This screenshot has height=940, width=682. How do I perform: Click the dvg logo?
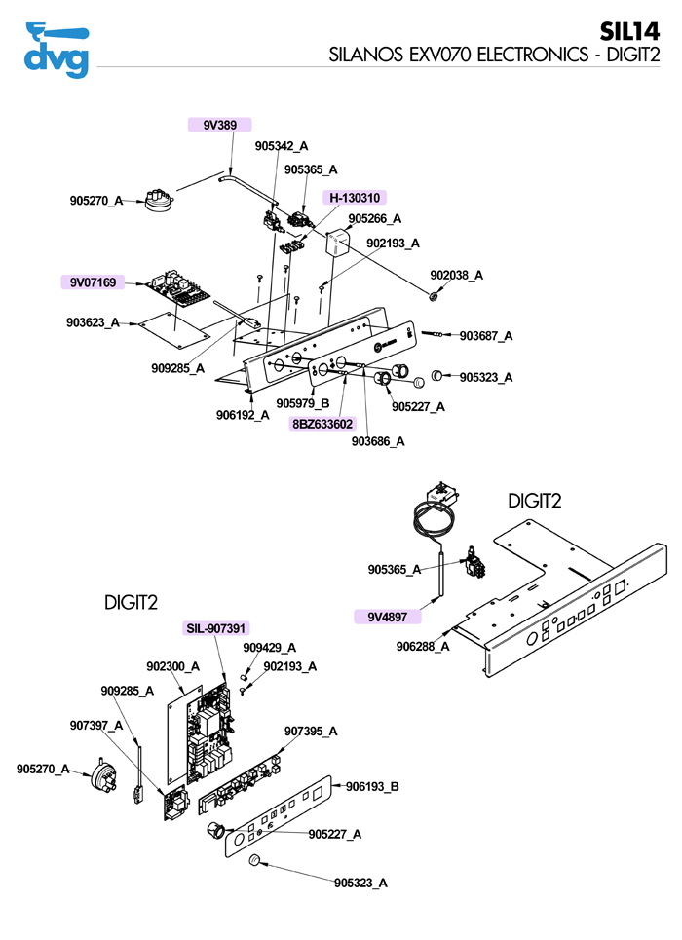[x=57, y=51]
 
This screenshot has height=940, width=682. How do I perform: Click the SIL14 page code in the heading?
[x=629, y=31]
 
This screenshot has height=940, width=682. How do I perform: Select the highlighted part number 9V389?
[x=219, y=125]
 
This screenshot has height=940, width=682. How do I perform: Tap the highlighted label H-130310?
[x=355, y=197]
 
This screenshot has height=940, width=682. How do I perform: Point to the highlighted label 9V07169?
[x=93, y=282]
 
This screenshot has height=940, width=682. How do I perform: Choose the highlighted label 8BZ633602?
[x=322, y=424]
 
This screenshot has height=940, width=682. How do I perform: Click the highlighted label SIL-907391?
[x=216, y=628]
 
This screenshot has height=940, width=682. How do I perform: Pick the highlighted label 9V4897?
[x=388, y=617]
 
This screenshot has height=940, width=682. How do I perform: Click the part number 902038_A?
[x=457, y=275]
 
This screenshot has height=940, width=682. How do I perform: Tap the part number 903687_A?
[x=486, y=336]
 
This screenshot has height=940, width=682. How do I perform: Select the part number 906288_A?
[x=423, y=646]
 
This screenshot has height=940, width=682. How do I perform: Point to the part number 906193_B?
[x=372, y=786]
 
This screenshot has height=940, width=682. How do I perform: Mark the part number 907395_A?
[x=311, y=731]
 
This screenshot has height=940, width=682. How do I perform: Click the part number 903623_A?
[x=93, y=322]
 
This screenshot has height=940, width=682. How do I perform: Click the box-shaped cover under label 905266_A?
[x=338, y=243]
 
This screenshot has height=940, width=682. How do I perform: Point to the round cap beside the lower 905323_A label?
[x=254, y=860]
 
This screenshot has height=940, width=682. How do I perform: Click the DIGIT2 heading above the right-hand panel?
[x=535, y=502]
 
